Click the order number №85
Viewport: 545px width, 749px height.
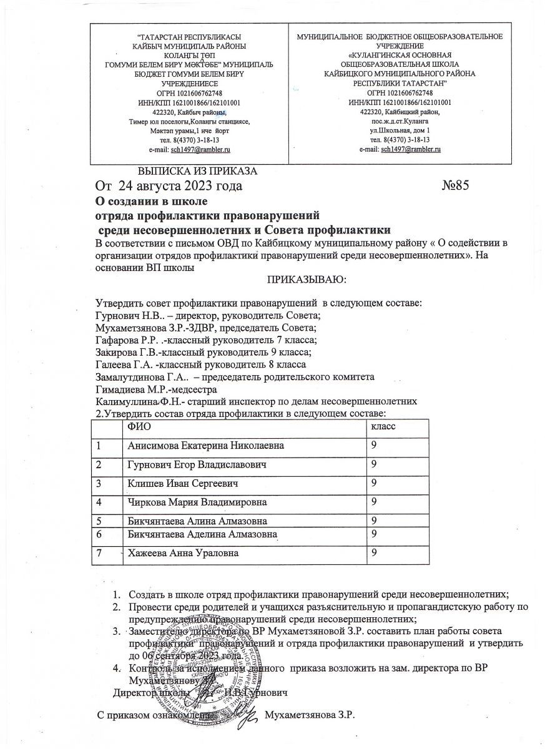(454, 185)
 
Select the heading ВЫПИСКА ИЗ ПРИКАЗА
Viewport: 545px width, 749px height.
(197, 170)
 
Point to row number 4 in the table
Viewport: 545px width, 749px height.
(99, 502)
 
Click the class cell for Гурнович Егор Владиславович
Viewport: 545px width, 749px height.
(374, 464)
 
